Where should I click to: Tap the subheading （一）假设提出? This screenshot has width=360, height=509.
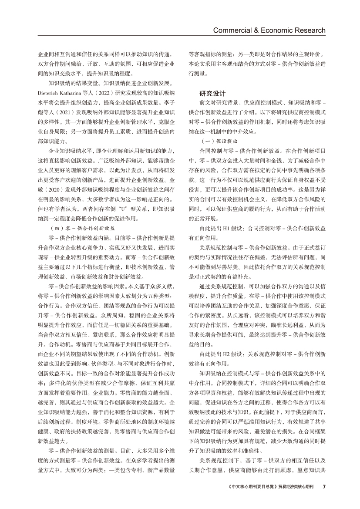[x=219, y=141]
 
